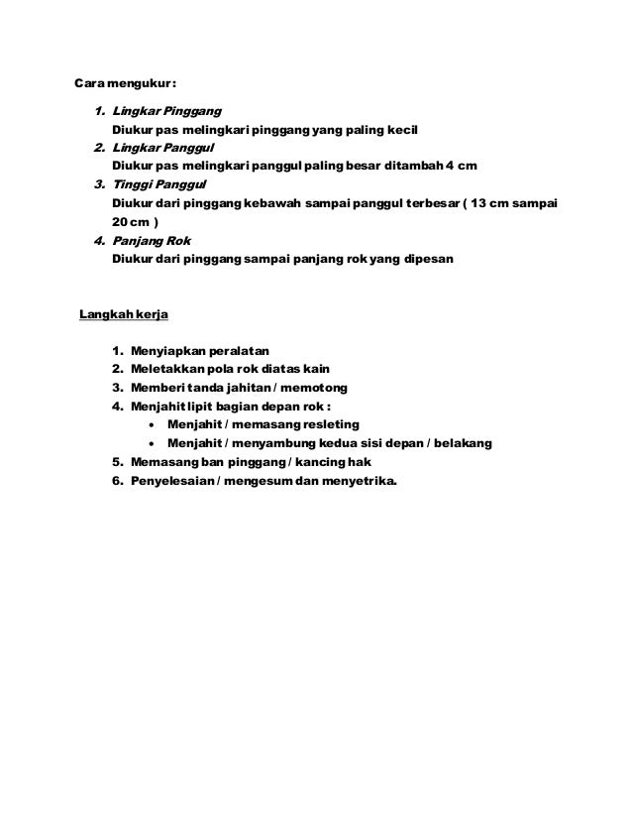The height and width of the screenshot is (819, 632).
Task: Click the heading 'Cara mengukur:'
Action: (x=128, y=81)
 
